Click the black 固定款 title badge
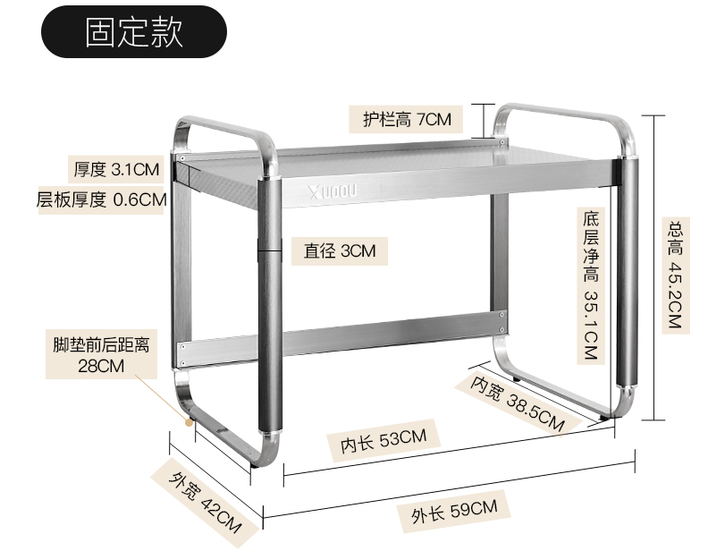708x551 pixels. tap(134, 33)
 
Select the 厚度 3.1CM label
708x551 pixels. tap(116, 168)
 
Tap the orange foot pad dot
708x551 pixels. tap(190, 418)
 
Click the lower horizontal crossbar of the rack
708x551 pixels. tap(384, 326)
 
